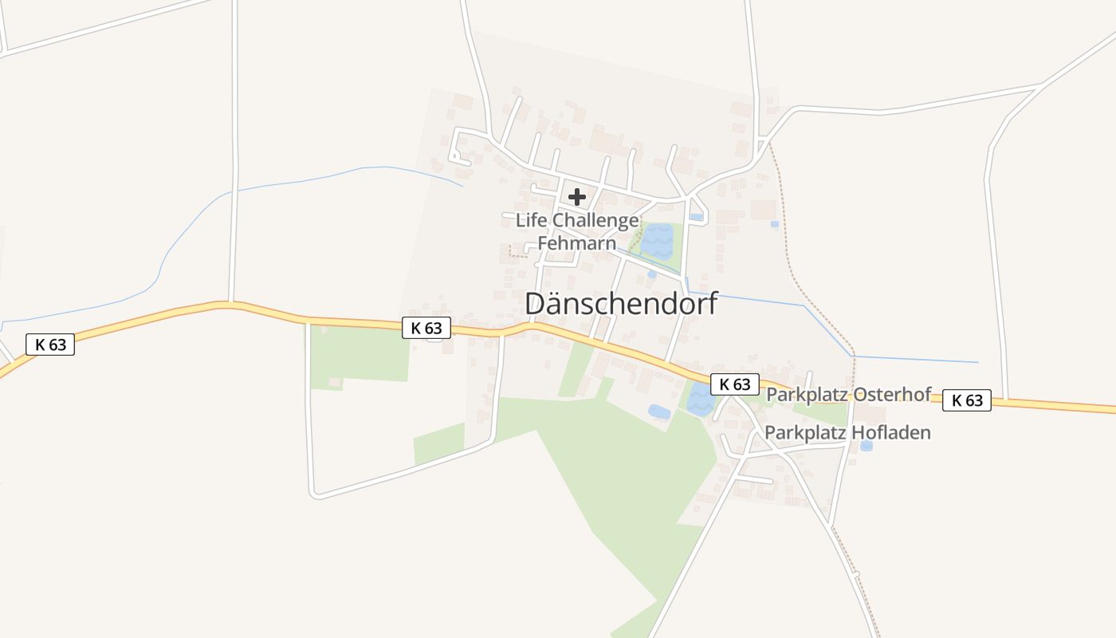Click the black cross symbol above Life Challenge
tap(577, 197)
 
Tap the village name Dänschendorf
tap(621, 304)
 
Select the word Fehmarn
tap(577, 242)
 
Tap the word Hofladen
tap(891, 433)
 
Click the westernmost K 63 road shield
tap(50, 345)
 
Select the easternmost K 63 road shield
tap(967, 400)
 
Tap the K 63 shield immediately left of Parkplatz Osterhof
tap(734, 384)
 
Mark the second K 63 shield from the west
tap(426, 328)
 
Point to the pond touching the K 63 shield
tap(699, 400)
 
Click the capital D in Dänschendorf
tap(537, 304)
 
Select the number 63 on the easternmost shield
tap(974, 400)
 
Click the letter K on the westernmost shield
tap(40, 345)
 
